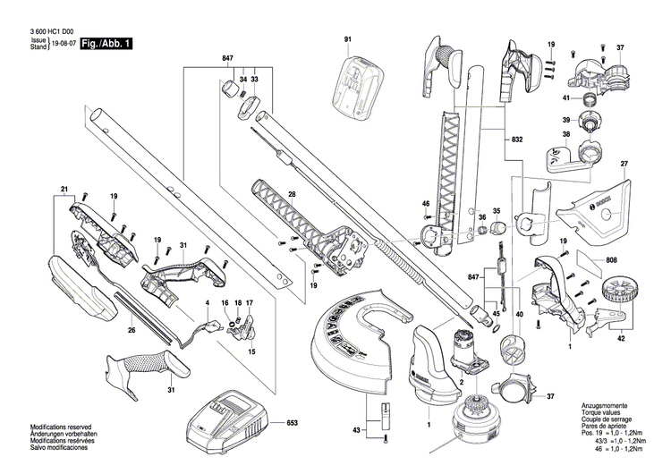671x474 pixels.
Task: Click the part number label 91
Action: [348, 38]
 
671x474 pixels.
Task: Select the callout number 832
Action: [518, 140]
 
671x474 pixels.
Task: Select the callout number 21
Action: [64, 189]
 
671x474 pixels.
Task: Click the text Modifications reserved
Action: [60, 427]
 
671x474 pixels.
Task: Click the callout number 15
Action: [251, 352]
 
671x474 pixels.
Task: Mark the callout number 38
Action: [565, 136]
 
